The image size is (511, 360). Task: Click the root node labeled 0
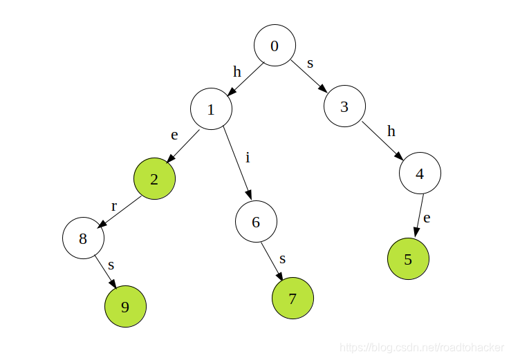pos(275,46)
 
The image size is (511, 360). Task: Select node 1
pos(211,109)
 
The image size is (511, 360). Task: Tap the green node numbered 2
pos(154,179)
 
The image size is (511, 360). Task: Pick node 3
pos(344,106)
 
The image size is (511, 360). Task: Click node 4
pos(420,173)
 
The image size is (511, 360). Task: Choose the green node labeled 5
pos(408,259)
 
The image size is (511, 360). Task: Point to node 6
pos(256,222)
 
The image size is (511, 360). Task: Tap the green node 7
pos(292,299)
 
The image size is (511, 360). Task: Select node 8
pos(83,238)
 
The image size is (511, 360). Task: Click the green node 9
pos(125,306)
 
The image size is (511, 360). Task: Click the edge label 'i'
pos(248,158)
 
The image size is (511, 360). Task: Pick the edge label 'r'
pos(114,206)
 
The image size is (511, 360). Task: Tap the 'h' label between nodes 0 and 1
pos(237,71)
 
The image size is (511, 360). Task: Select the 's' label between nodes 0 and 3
pos(310,63)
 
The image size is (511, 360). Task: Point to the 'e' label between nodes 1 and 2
pos(175,135)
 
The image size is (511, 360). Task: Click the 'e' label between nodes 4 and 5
pos(427,218)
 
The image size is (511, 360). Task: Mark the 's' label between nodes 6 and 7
pos(282,258)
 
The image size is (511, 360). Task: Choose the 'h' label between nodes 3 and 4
pos(391,131)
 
